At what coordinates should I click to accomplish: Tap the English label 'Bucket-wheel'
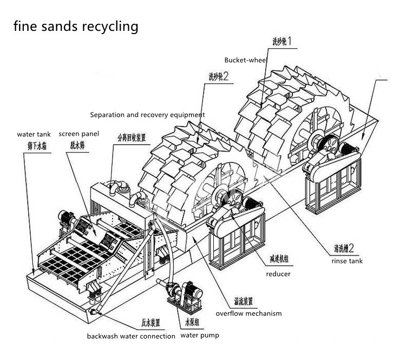pos(246,60)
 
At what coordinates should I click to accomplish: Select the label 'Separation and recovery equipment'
pos(147,115)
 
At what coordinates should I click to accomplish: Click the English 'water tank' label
pos(33,134)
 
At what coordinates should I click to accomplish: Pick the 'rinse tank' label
pos(347,261)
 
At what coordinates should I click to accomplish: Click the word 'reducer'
pos(278,274)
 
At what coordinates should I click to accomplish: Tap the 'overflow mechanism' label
pos(248,313)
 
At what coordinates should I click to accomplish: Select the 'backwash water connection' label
pos(131,336)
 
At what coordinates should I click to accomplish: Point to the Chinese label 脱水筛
pos(78,145)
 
